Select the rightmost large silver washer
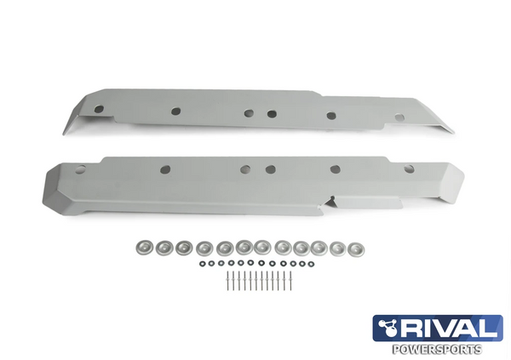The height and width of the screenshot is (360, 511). click(357, 248)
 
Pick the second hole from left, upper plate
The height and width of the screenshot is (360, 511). click(175, 111)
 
